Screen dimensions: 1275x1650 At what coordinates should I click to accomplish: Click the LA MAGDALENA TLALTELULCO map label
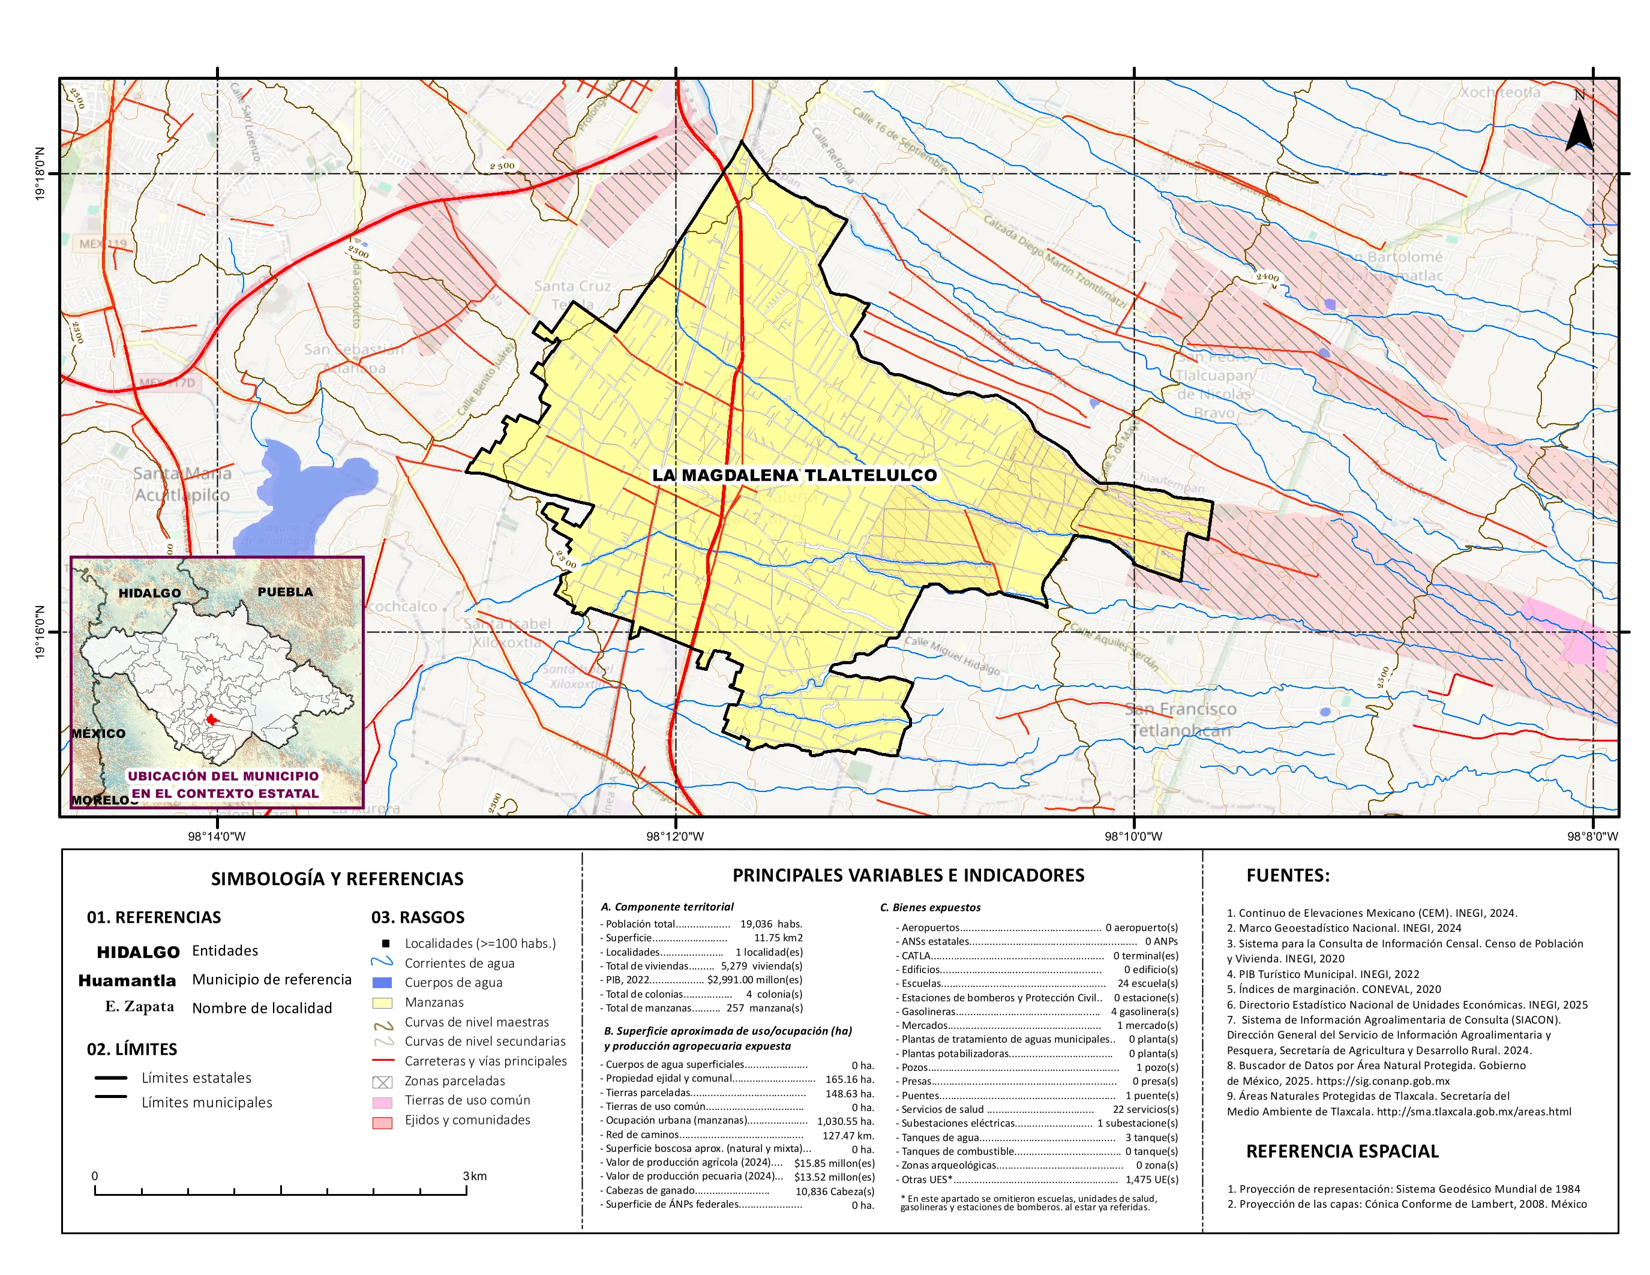click(x=794, y=475)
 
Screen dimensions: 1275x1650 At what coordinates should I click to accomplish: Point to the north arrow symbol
click(x=1579, y=130)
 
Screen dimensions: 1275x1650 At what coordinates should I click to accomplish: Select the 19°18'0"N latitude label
click(x=39, y=174)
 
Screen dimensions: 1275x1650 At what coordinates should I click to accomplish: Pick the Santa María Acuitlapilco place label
click(x=182, y=484)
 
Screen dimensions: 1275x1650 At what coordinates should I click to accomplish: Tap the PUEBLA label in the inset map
click(x=285, y=592)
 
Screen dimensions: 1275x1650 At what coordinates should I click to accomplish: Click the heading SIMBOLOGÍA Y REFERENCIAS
click(x=337, y=878)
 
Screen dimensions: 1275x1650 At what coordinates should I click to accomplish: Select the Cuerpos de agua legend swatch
click(x=382, y=983)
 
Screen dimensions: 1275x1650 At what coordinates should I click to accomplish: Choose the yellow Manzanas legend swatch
click(x=382, y=1003)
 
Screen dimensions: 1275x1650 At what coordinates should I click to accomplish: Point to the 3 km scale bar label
click(x=475, y=1176)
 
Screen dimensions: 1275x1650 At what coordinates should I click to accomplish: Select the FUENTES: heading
click(x=1288, y=875)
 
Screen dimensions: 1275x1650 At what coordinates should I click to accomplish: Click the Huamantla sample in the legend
click(x=127, y=980)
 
